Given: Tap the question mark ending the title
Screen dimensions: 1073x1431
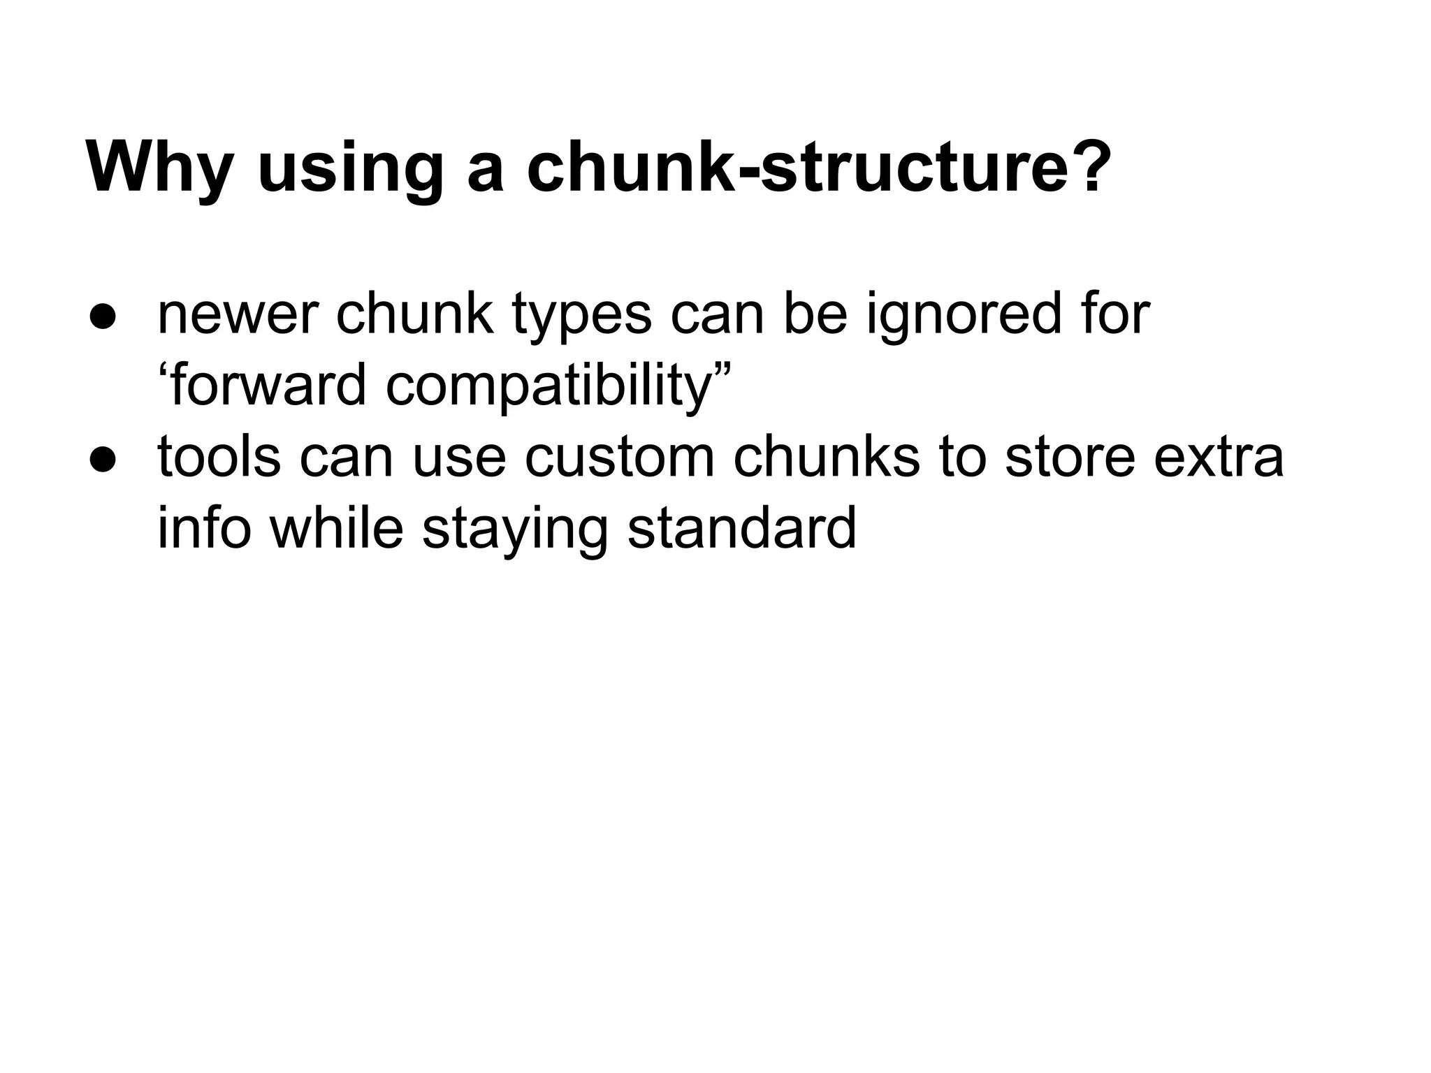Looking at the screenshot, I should [1085, 168].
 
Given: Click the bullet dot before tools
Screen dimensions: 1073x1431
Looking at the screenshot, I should [103, 460].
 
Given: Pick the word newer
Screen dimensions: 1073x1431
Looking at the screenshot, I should [238, 316].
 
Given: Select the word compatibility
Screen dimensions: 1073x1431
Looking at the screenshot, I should [549, 389].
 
